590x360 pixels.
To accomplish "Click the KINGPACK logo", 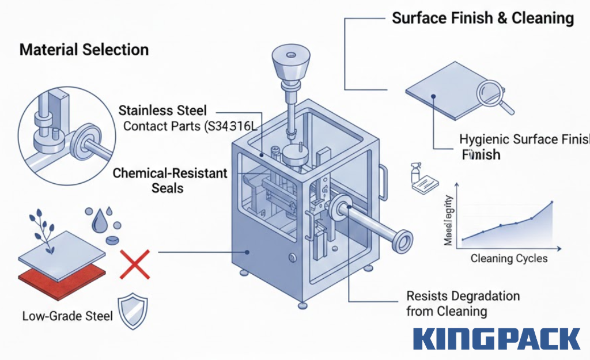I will coord(497,339).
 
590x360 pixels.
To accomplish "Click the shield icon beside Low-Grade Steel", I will coord(133,311).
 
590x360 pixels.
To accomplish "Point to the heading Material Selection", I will coord(84,50).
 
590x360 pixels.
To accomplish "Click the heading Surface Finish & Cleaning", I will coord(483,18).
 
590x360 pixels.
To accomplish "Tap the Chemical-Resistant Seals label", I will coord(170,180).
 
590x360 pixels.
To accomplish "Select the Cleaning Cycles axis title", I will coord(509,259).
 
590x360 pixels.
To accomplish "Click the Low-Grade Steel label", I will coord(67,316).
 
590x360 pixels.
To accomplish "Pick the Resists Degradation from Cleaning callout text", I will coord(463,304).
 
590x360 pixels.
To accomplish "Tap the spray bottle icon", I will coord(416,173).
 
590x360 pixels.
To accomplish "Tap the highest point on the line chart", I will coord(552,202).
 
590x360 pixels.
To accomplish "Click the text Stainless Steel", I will coord(162,110).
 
